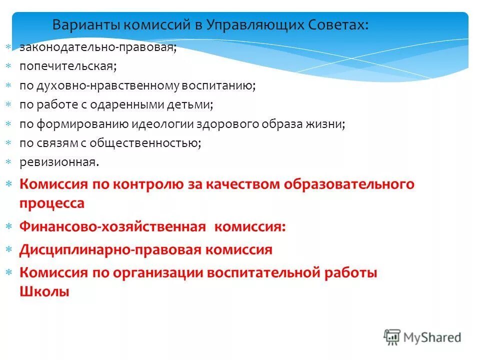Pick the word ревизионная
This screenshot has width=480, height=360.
(x=59, y=162)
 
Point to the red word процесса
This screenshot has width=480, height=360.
(x=52, y=203)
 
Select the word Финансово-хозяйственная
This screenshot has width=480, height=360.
(x=112, y=226)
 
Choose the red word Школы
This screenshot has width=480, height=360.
(x=44, y=292)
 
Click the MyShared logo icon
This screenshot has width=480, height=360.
(x=392, y=337)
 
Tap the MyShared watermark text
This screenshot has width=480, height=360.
(x=432, y=337)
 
